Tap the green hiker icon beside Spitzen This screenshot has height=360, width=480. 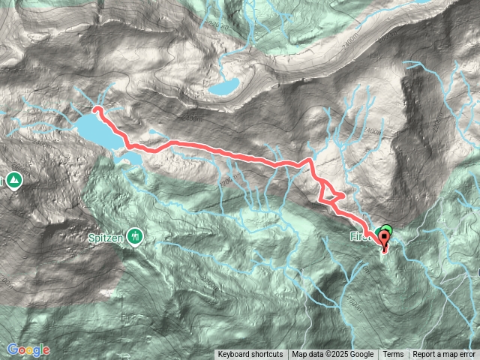click(x=134, y=236)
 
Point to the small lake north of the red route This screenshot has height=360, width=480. click(x=223, y=86)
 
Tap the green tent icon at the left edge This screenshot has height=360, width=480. click(x=14, y=181)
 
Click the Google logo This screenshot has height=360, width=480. click(x=28, y=349)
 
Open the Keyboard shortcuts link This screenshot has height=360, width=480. click(x=250, y=355)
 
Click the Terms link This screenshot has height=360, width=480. click(x=393, y=355)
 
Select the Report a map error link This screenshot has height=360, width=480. click(x=445, y=355)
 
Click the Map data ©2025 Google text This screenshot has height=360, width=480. click(x=332, y=355)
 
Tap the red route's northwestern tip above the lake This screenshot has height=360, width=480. click(x=96, y=110)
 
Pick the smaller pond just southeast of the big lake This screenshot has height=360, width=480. click(x=133, y=158)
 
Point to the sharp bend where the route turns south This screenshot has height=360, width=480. click(x=309, y=162)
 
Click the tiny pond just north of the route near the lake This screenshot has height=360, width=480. click(x=154, y=132)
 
